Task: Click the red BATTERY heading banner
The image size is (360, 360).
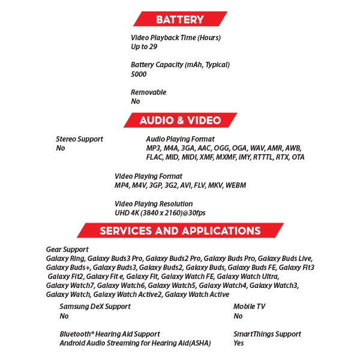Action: pyautogui.click(x=179, y=19)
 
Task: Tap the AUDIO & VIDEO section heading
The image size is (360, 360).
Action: pyautogui.click(x=180, y=120)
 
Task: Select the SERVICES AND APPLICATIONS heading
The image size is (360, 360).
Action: pyautogui.click(x=180, y=231)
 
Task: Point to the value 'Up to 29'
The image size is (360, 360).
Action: pyautogui.click(x=144, y=47)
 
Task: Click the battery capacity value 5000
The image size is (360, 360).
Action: pyautogui.click(x=139, y=74)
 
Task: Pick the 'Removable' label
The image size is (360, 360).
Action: pyautogui.click(x=148, y=92)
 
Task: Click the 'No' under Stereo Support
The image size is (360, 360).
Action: pyautogui.click(x=60, y=148)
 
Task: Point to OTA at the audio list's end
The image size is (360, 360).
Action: pyautogui.click(x=297, y=157)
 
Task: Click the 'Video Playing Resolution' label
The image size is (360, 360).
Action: pyautogui.click(x=154, y=204)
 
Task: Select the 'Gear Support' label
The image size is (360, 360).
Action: pyautogui.click(x=67, y=249)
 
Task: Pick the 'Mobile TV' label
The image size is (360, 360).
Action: pyautogui.click(x=249, y=307)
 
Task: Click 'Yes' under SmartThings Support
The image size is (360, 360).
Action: pyautogui.click(x=239, y=343)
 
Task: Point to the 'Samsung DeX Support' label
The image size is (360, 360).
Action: pyautogui.click(x=95, y=307)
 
